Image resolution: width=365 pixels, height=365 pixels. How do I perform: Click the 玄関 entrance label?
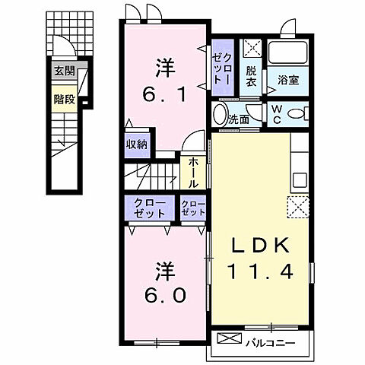coord(65,71)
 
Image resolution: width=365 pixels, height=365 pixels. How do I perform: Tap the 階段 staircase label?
coord(65,98)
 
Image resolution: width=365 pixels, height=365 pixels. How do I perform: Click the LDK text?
coord(259,246)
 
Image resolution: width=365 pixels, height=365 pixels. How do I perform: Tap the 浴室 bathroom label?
coord(287,78)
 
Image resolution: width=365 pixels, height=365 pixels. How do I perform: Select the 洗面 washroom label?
coord(240,119)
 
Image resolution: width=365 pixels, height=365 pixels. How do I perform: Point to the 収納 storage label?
coord(138,144)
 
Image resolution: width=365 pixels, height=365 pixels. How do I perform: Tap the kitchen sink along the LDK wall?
coord(298,181)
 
